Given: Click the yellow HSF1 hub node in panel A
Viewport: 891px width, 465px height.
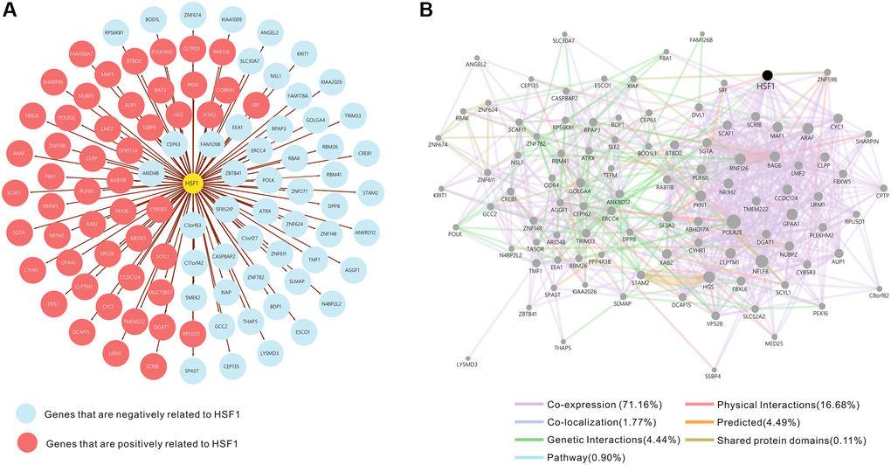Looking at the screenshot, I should pyautogui.click(x=191, y=183).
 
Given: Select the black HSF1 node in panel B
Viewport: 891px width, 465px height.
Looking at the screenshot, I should pyautogui.click(x=767, y=76).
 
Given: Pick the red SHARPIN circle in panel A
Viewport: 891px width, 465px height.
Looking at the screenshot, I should pyautogui.click(x=53, y=82).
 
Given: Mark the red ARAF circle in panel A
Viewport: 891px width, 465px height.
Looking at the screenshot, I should pyautogui.click(x=17, y=153).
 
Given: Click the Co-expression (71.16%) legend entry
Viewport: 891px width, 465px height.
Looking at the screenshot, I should pyautogui.click(x=595, y=404).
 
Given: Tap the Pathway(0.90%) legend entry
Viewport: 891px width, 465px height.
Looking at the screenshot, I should pyautogui.click(x=577, y=455).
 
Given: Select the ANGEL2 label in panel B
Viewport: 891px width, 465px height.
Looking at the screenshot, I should pyautogui.click(x=476, y=64).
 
